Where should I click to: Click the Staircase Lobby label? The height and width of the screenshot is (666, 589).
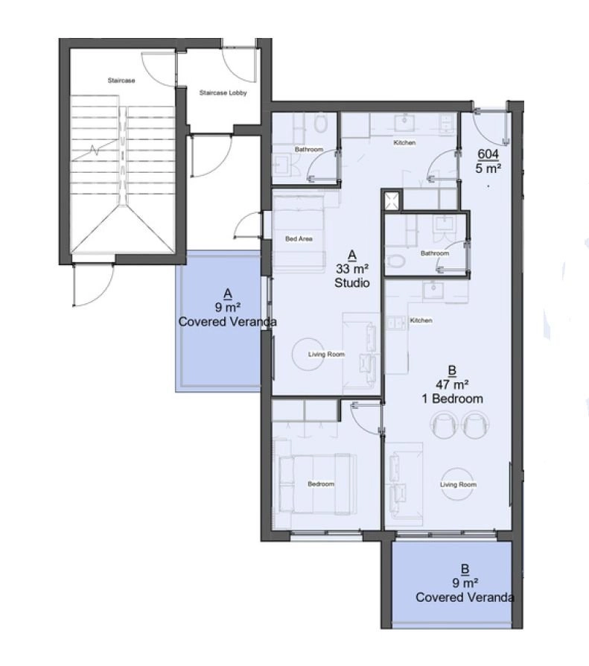click(x=223, y=92)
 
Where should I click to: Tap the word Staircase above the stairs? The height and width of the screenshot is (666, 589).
click(x=121, y=80)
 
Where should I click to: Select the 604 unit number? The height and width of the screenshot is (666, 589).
click(x=488, y=153)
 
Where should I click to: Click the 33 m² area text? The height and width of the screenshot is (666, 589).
click(x=352, y=269)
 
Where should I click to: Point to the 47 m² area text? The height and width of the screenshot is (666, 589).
click(x=452, y=385)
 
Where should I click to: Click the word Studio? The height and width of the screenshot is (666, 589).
click(x=352, y=283)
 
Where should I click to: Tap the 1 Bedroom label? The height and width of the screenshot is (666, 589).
click(x=452, y=399)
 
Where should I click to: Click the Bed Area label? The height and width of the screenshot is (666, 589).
click(x=299, y=238)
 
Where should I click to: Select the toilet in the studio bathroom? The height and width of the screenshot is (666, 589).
click(x=321, y=124)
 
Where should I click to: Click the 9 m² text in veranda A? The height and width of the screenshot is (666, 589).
click(x=228, y=307)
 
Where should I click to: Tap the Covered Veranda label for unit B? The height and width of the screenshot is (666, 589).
click(x=465, y=597)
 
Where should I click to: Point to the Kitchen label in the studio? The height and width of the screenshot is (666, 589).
click(x=404, y=143)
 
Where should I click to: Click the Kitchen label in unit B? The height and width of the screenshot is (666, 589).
click(x=421, y=320)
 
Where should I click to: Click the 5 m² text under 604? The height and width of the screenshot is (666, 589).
click(x=488, y=168)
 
